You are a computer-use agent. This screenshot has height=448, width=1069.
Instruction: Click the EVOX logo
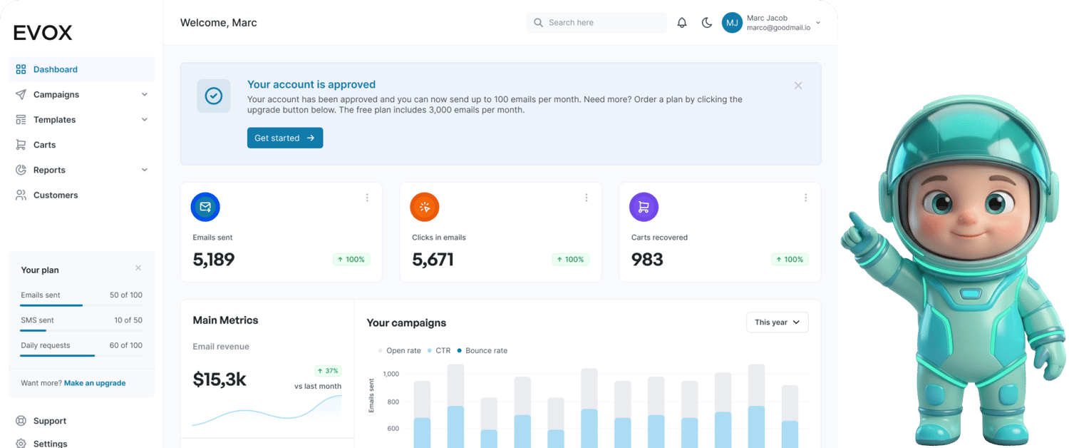click(43, 33)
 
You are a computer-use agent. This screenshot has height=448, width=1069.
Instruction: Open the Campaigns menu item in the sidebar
click(56, 95)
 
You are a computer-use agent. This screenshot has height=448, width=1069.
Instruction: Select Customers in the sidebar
click(55, 195)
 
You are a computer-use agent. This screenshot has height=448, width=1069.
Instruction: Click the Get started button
click(284, 138)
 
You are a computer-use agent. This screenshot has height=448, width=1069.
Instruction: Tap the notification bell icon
click(682, 23)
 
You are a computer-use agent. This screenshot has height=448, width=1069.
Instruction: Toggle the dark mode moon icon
click(706, 23)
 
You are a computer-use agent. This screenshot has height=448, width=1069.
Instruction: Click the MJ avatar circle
click(732, 23)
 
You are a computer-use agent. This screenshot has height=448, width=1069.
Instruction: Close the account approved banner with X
click(797, 86)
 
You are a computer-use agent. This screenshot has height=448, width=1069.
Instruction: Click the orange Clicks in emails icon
click(425, 207)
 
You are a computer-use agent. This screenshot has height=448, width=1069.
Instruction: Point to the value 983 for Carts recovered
click(647, 260)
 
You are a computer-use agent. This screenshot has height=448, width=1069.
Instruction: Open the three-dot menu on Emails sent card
click(367, 198)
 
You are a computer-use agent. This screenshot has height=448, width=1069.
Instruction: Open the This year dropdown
click(777, 322)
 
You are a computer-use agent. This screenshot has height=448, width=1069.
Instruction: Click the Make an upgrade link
click(95, 383)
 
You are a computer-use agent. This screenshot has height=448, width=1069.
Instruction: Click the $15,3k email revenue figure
click(220, 380)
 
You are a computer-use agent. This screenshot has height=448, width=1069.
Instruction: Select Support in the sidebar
click(49, 421)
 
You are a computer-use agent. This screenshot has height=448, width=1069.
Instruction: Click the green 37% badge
click(328, 371)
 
